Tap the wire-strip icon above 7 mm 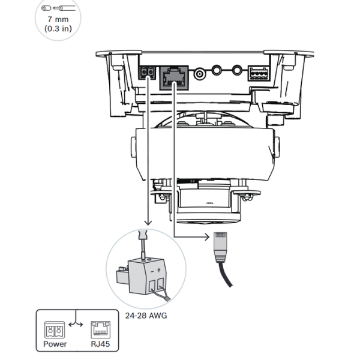pos(56,8)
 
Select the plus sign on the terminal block pos(158,270)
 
